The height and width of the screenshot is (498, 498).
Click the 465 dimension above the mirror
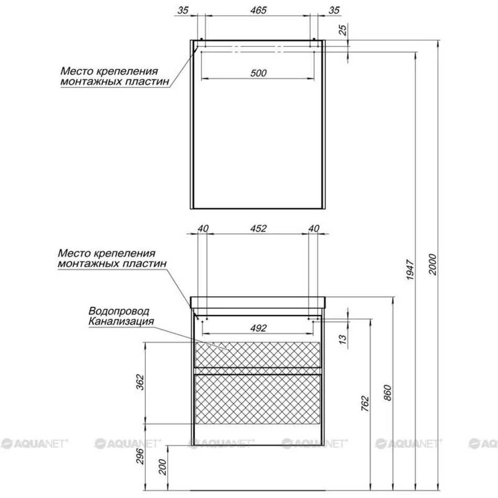coord(258,10)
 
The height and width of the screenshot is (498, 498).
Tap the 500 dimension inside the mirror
coord(258,73)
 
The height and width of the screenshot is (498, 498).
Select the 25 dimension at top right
coord(343,30)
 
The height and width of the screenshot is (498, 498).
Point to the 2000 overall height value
coord(432,265)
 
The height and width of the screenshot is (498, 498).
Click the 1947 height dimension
coord(410,269)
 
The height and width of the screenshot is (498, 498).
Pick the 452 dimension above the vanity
coord(258,229)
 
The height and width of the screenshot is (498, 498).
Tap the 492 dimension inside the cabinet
coord(258,328)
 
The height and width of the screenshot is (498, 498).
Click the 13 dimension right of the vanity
coord(343,339)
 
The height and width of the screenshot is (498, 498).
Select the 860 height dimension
coord(387,393)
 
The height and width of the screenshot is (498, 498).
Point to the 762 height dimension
coord(365,404)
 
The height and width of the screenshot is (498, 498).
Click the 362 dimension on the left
coord(140,382)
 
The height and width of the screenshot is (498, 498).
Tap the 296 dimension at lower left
coord(140,457)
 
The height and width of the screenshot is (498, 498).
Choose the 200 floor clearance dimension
coord(163,467)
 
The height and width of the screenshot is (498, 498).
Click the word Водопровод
coord(119,311)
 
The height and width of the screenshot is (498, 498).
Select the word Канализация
coord(121,321)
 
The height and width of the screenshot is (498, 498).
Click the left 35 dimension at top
coord(183,10)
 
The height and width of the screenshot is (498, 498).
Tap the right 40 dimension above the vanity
coord(314,229)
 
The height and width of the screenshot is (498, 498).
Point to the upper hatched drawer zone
coord(257,355)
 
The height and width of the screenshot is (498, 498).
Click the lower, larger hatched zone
coord(257,399)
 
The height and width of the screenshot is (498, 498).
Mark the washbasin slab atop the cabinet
coord(257,302)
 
